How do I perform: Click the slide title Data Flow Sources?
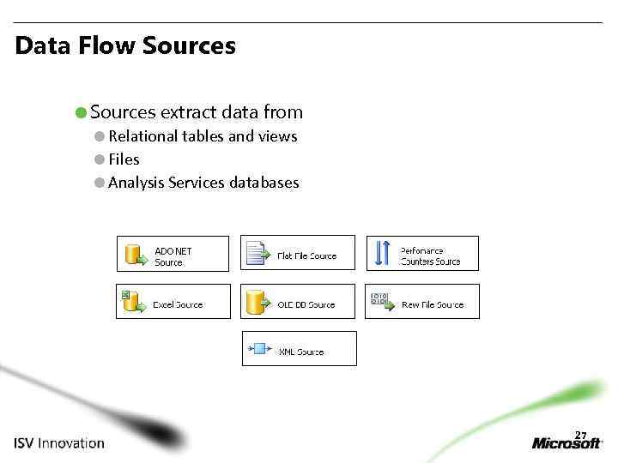[125, 45]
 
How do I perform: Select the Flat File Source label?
[306, 256]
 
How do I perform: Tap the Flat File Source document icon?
[257, 253]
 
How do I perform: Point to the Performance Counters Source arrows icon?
[383, 253]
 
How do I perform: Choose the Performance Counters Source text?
[429, 256]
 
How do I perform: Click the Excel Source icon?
[132, 302]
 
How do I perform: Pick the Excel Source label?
[177, 305]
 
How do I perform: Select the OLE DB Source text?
[306, 305]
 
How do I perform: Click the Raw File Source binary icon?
[379, 299]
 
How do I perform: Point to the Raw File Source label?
[432, 305]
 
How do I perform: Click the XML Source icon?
[258, 349]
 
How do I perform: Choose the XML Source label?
[300, 352]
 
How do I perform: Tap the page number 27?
[580, 434]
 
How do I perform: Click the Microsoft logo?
[567, 443]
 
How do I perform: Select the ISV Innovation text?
[58, 443]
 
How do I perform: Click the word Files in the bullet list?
[124, 159]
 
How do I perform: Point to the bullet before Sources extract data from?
[80, 112]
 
